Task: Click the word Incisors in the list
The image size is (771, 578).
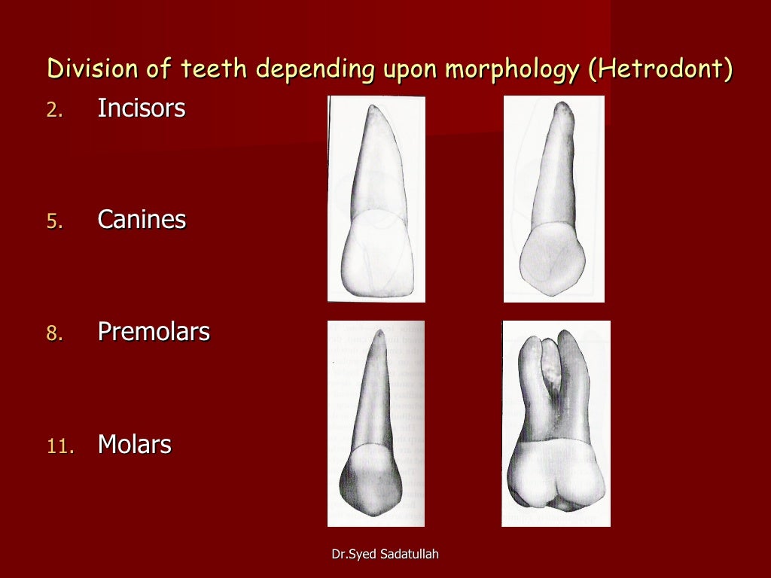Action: pyautogui.click(x=141, y=109)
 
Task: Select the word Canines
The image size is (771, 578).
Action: pyautogui.click(x=142, y=221)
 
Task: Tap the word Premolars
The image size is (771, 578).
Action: pyautogui.click(x=154, y=332)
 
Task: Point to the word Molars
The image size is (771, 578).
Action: pyautogui.click(x=135, y=445)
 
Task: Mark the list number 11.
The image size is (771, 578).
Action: pyautogui.click(x=61, y=446)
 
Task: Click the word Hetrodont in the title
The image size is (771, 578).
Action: pyautogui.click(x=661, y=69)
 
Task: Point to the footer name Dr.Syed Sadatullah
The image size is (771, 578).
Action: pyautogui.click(x=385, y=555)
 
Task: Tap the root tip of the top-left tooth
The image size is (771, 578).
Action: pyautogui.click(x=374, y=108)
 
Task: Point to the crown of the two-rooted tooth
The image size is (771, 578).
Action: pyautogui.click(x=556, y=478)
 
